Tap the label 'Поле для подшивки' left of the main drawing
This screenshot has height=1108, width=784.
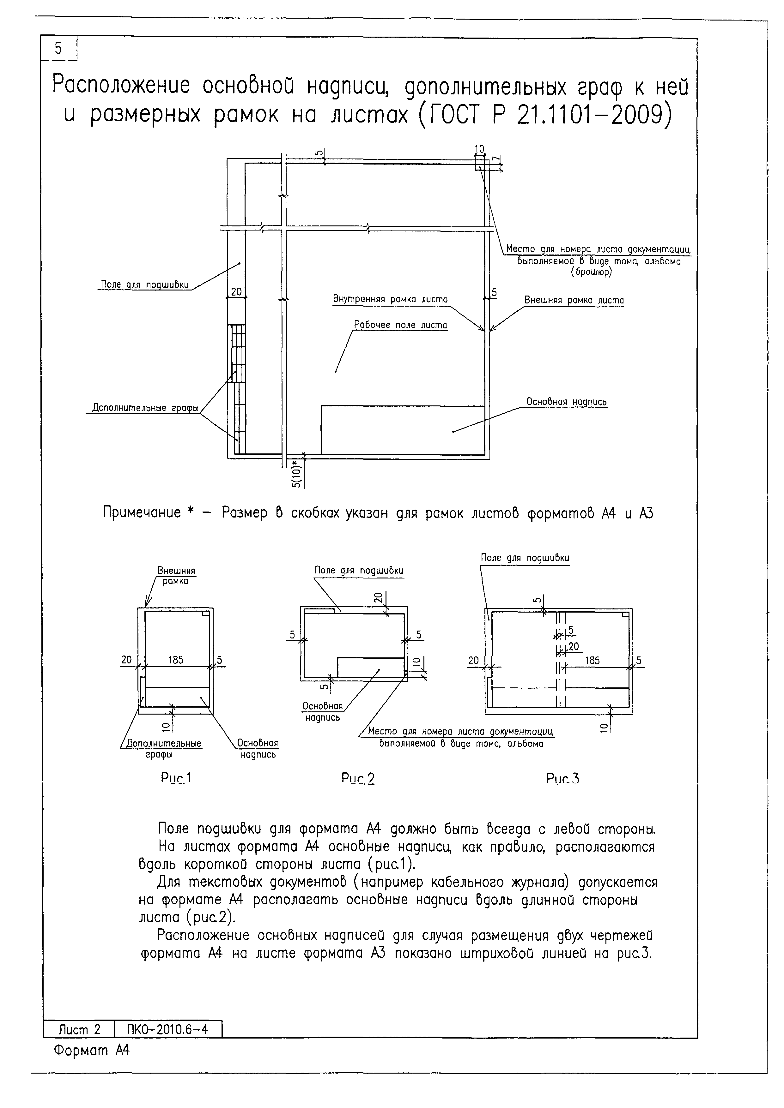click(144, 285)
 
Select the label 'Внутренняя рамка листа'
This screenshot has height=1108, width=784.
click(390, 299)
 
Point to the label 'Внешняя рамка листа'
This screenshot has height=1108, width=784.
click(574, 300)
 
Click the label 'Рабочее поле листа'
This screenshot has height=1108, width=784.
click(400, 325)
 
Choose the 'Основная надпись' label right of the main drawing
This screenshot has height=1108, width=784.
click(566, 402)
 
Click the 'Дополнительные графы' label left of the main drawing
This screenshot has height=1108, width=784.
click(145, 408)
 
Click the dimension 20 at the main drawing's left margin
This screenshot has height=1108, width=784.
click(236, 291)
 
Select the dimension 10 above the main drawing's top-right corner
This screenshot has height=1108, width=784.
click(479, 149)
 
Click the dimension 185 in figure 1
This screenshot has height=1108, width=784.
click(176, 660)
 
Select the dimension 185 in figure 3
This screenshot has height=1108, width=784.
click(592, 660)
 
